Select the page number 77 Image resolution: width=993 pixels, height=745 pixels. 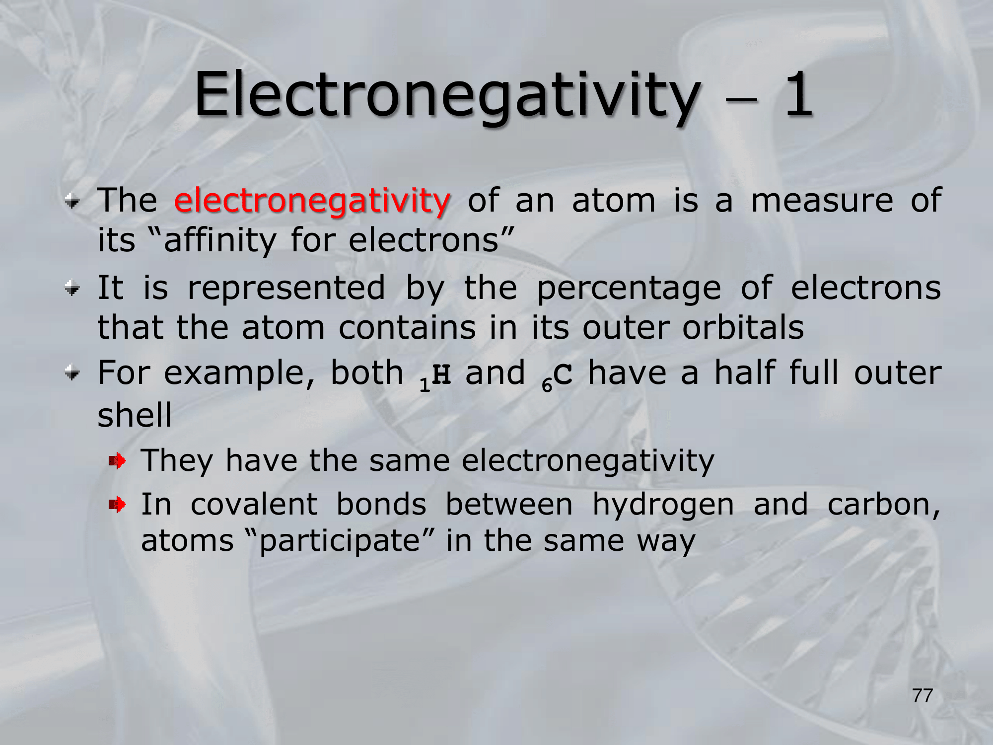[922, 696]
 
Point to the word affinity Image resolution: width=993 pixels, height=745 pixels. [219, 240]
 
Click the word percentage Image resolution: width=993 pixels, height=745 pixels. [629, 289]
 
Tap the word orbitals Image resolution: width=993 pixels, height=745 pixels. [743, 328]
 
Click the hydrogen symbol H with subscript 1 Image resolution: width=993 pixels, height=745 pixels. [435, 377]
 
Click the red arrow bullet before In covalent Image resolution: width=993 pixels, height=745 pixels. [118, 506]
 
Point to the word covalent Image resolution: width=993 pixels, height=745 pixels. [254, 504]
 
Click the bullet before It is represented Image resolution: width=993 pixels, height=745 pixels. [72, 289]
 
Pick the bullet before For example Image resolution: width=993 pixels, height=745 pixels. [72, 373]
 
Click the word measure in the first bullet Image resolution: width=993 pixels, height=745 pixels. [822, 201]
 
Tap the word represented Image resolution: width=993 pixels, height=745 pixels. [286, 289]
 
